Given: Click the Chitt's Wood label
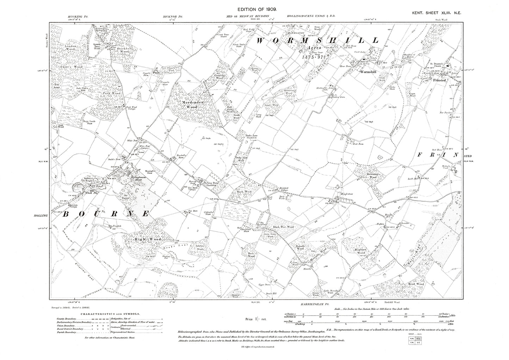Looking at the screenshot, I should pos(74,67).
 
